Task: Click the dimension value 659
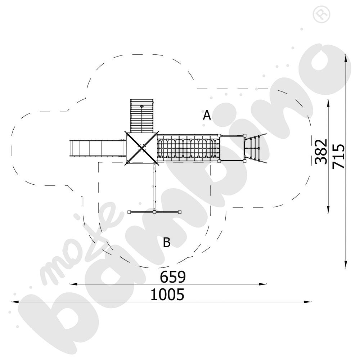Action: [x=173, y=276]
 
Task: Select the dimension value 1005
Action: [x=167, y=294]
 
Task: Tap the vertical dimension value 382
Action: [x=321, y=152]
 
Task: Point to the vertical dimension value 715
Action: [x=339, y=156]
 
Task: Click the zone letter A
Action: [x=207, y=115]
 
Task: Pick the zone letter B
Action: [x=167, y=242]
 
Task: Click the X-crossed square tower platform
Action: [x=141, y=148]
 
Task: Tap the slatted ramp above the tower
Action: [x=141, y=116]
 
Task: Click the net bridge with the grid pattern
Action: [x=188, y=148]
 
